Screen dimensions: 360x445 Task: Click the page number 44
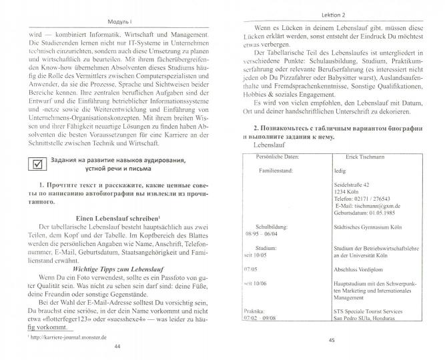click(117, 347)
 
